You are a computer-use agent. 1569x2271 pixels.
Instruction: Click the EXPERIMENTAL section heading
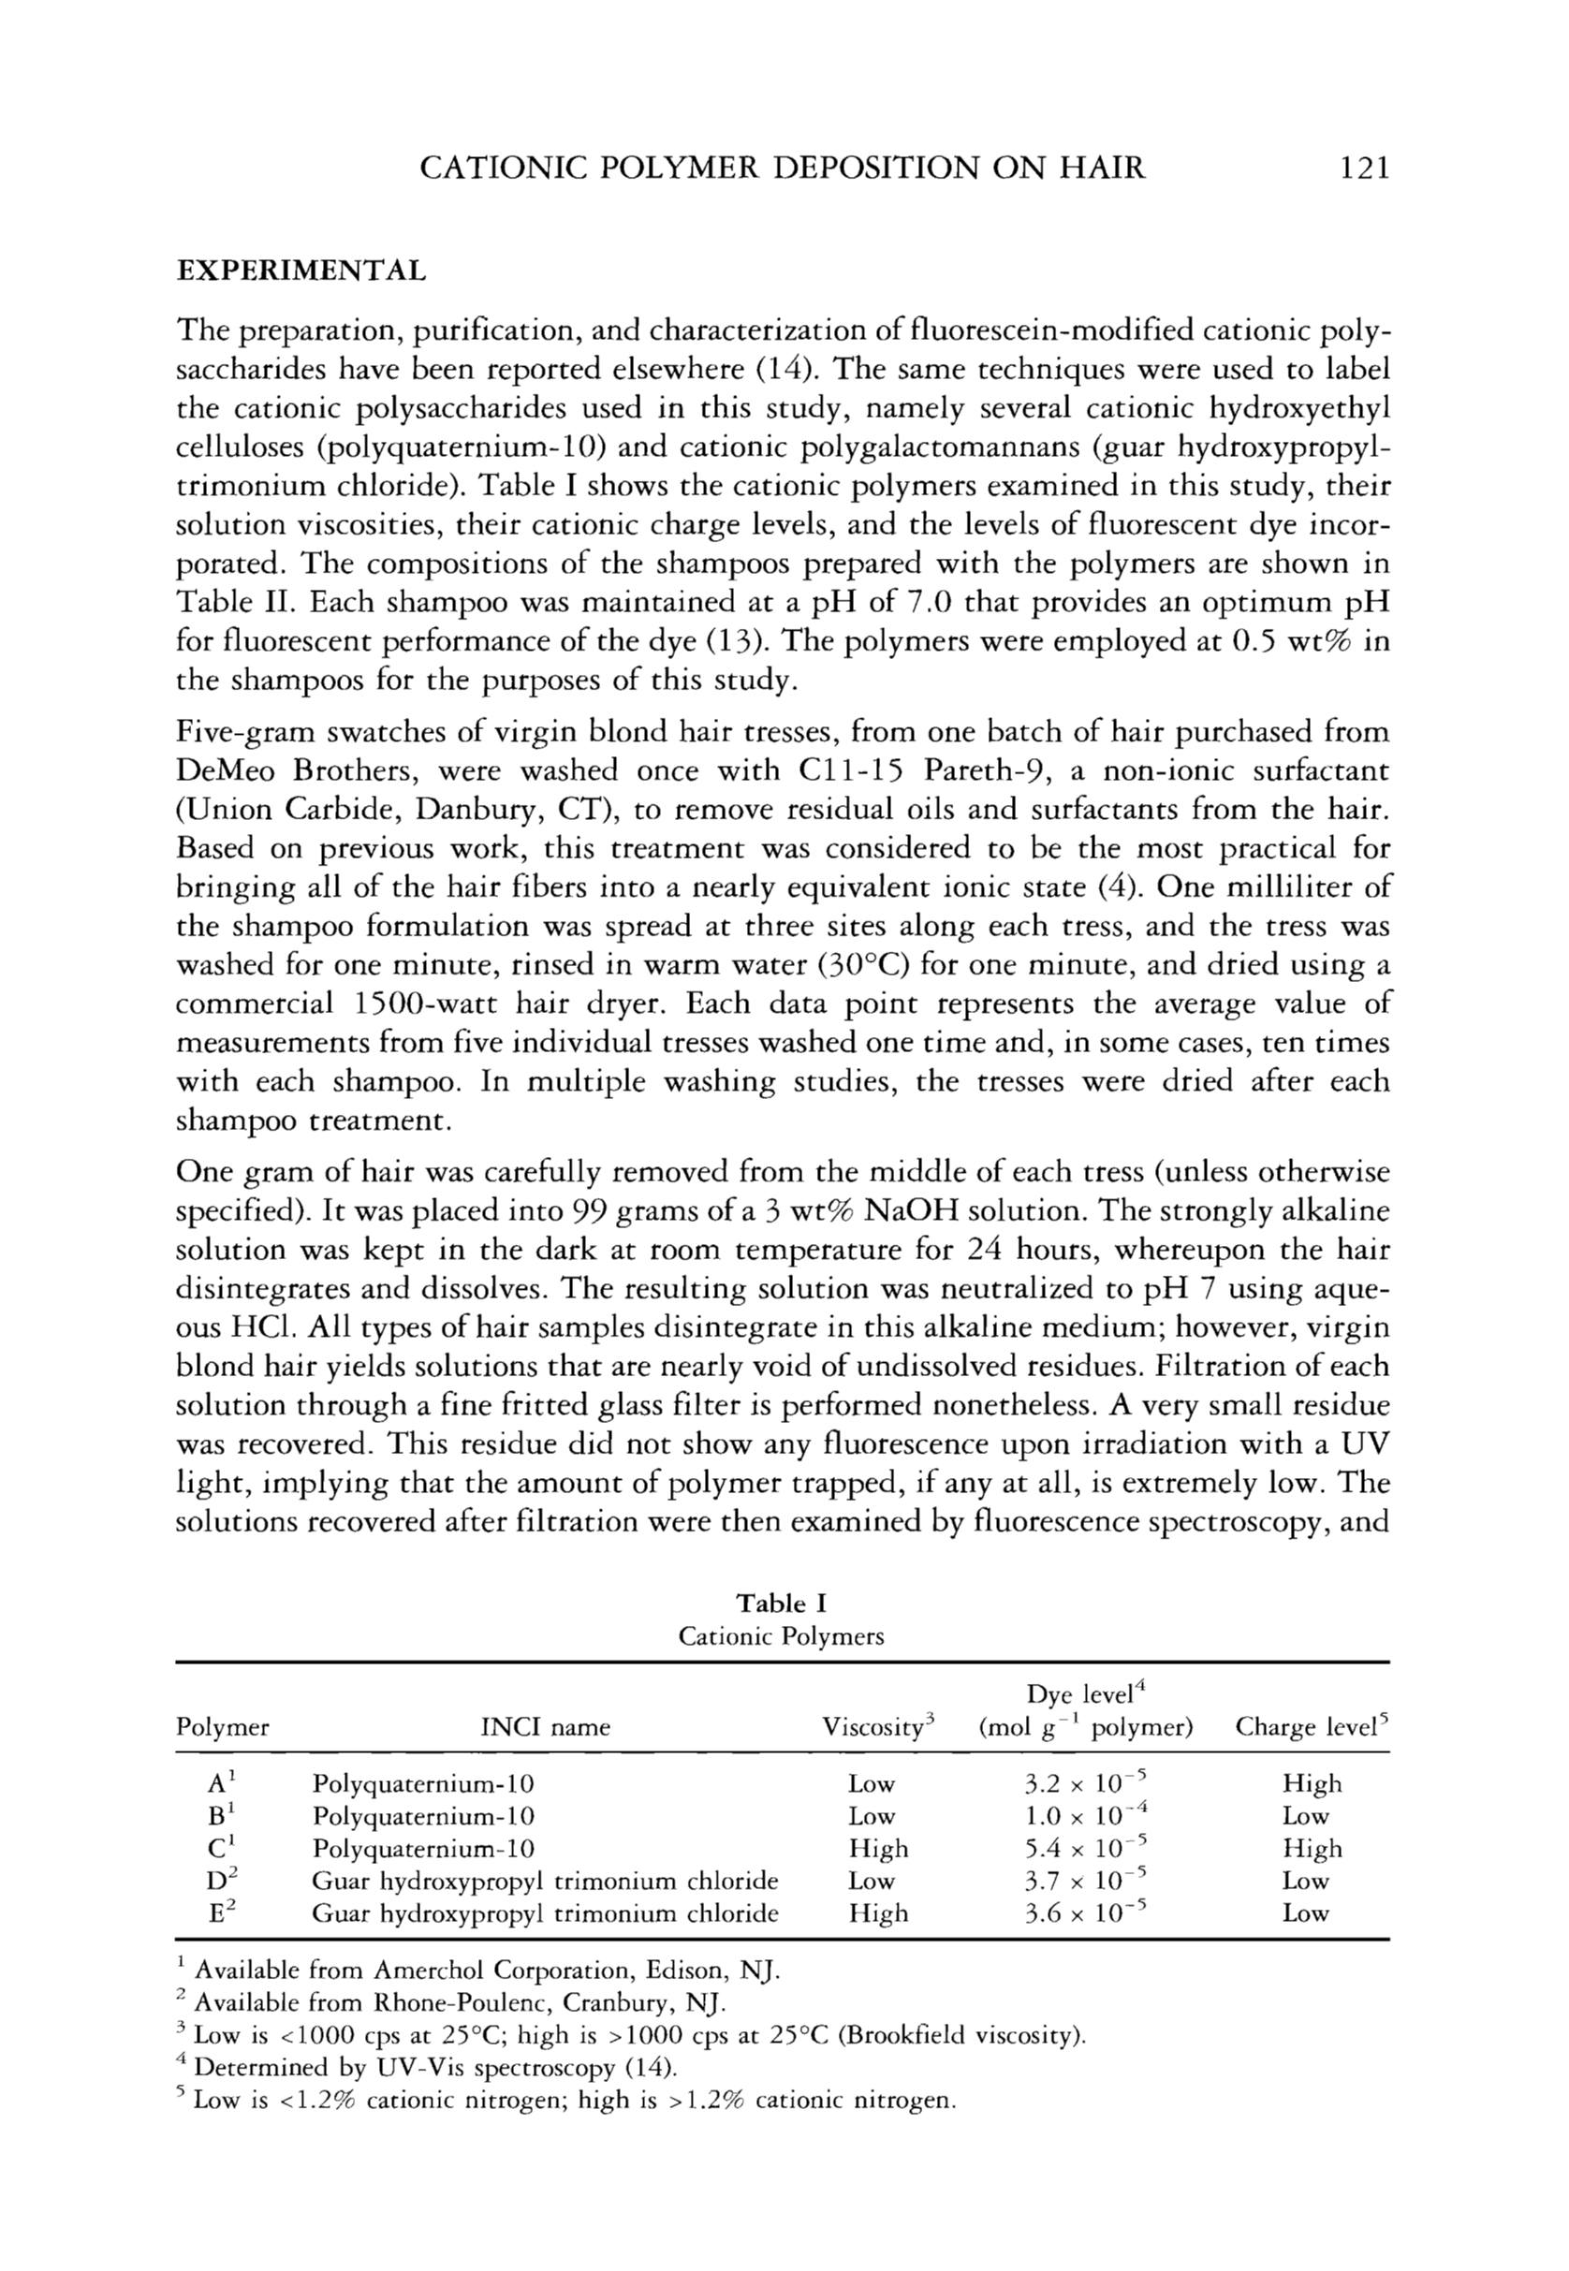[x=301, y=271]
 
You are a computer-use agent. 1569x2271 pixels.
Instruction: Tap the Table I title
[x=782, y=1604]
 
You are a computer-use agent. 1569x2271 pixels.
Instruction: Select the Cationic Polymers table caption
[x=782, y=1637]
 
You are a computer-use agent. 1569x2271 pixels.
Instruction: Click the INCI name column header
[x=545, y=1727]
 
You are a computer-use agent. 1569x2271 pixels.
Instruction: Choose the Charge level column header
[x=1312, y=1726]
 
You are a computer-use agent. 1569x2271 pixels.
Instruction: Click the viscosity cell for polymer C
[x=879, y=1848]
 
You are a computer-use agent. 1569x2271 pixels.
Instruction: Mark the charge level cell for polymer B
[x=1306, y=1816]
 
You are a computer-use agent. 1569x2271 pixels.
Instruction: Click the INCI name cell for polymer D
[x=545, y=1881]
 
